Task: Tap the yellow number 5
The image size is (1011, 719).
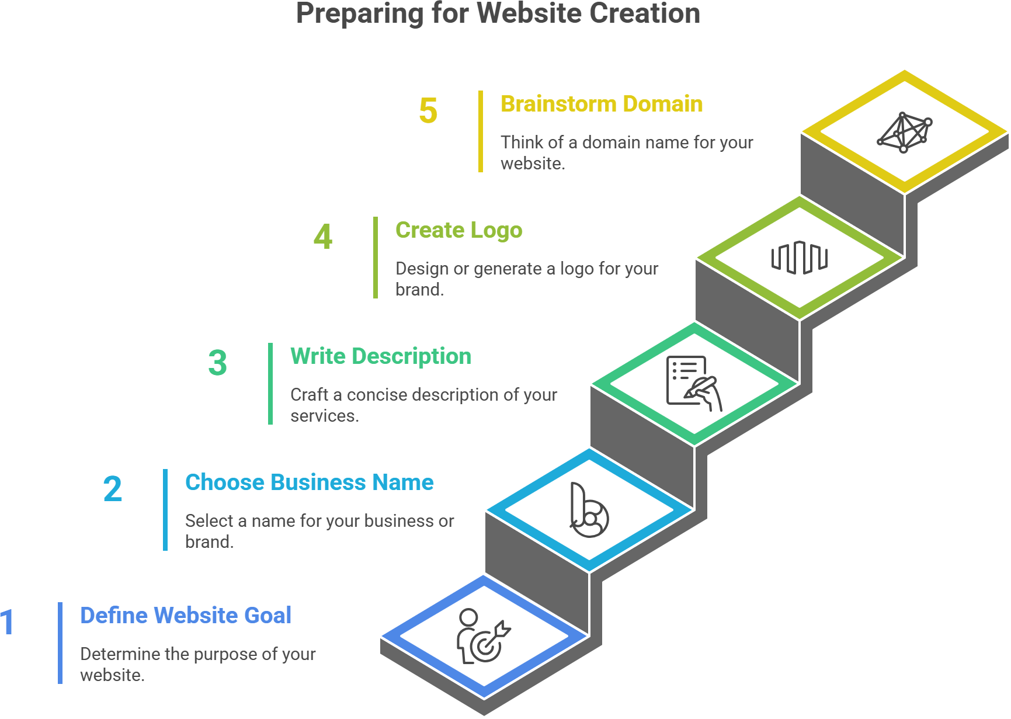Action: pyautogui.click(x=428, y=111)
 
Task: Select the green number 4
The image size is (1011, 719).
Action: pyautogui.click(x=323, y=237)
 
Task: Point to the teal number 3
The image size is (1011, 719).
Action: pyautogui.click(x=217, y=363)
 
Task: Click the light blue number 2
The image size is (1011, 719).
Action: pyautogui.click(x=113, y=489)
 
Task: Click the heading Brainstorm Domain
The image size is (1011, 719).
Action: pyautogui.click(x=602, y=104)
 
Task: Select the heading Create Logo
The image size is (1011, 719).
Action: pyautogui.click(x=458, y=230)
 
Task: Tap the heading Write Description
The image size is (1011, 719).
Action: pyautogui.click(x=380, y=356)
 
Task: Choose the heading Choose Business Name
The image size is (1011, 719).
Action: pyautogui.click(x=309, y=482)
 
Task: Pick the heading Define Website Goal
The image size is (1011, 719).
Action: pyautogui.click(x=186, y=616)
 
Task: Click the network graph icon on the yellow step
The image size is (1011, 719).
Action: pyautogui.click(x=904, y=133)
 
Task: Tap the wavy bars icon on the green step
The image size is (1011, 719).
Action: pyautogui.click(x=799, y=258)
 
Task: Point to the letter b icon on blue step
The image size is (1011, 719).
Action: pyautogui.click(x=589, y=510)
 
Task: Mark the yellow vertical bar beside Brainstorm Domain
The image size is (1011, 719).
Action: pyautogui.click(x=481, y=131)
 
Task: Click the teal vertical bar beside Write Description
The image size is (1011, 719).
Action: pyautogui.click(x=270, y=384)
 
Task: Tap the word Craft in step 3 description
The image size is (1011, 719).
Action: pyautogui.click(x=309, y=395)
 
